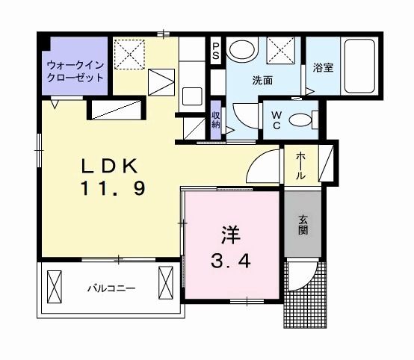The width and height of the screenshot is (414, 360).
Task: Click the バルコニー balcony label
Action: tap(110, 286)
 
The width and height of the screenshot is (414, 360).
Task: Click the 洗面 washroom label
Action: tap(262, 80)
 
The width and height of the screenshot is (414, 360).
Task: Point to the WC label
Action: tap(275, 120)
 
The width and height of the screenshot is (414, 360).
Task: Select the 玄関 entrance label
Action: tap(304, 225)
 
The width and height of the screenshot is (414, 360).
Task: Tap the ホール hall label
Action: tap(300, 166)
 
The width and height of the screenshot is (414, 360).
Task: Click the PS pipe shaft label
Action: tap(215, 52)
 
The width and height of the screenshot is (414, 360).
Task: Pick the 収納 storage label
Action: tap(215, 120)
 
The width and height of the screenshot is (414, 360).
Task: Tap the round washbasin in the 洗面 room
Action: tap(242, 52)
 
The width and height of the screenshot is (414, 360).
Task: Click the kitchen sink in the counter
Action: tap(192, 97)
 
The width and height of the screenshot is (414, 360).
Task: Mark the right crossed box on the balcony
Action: tap(166, 284)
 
